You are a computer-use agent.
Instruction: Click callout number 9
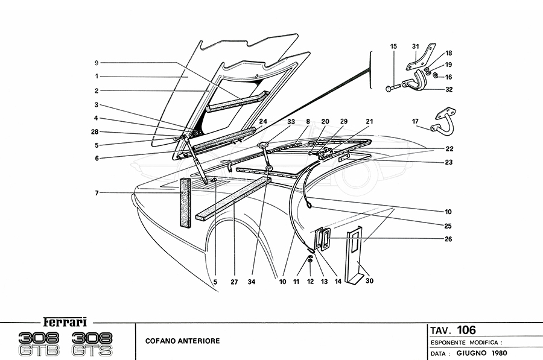click(96, 62)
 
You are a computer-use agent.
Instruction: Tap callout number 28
click(96, 131)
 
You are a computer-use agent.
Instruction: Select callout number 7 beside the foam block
click(96, 193)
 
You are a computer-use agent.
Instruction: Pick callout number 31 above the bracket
click(415, 46)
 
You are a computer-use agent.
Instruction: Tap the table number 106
click(466, 330)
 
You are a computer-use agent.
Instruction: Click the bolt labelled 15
click(392, 89)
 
